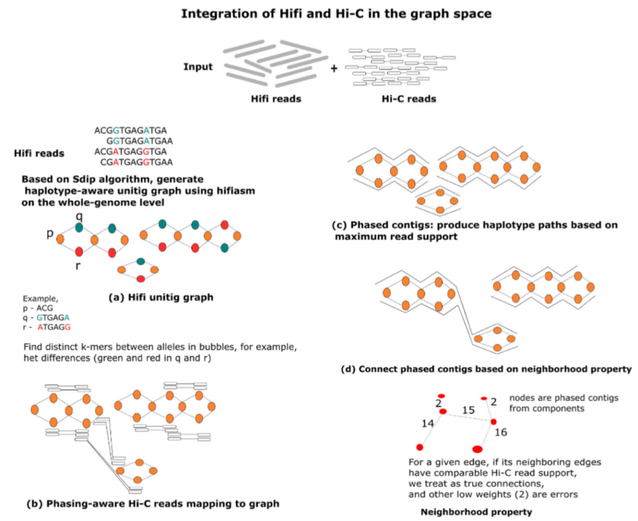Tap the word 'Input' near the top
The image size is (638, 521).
[x=197, y=67]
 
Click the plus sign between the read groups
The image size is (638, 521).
[x=334, y=69]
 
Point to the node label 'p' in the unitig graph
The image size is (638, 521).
[x=51, y=235]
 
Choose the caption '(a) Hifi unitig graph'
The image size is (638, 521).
[x=161, y=298]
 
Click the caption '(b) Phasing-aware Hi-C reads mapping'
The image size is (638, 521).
[x=153, y=504]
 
